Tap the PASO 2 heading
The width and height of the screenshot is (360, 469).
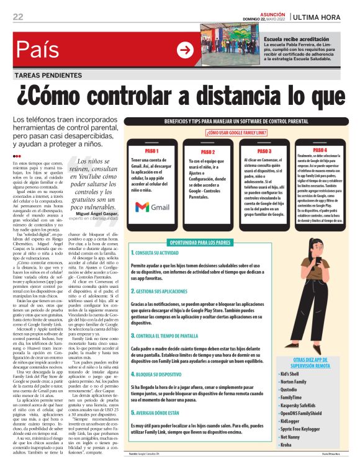[208, 151]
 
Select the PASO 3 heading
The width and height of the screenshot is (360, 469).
[264, 151]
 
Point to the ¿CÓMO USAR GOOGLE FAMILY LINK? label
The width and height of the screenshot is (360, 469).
[236, 133]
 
